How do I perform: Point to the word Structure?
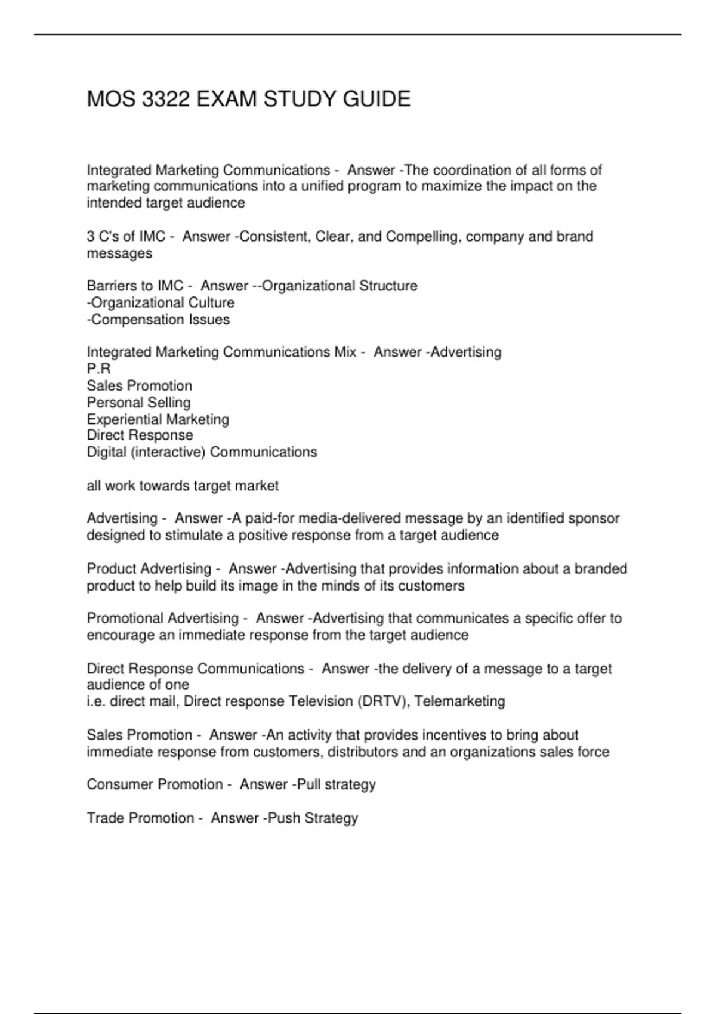[388, 286]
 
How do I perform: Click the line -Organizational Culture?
[161, 303]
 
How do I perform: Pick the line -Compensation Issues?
[158, 320]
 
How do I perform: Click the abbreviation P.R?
[98, 369]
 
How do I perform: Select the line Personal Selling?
[138, 403]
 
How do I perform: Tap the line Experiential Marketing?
[158, 419]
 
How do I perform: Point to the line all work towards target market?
[183, 486]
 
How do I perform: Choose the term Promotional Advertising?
[162, 619]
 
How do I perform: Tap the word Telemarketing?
[459, 701]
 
